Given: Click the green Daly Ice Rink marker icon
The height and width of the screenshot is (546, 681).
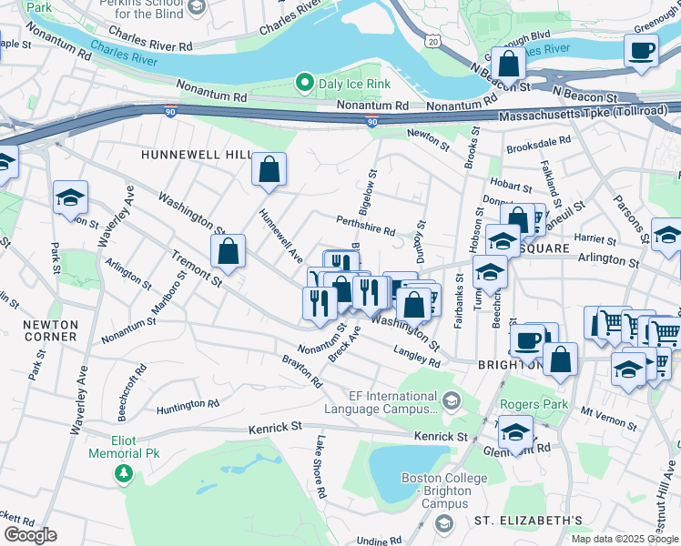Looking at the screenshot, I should pos(305,85).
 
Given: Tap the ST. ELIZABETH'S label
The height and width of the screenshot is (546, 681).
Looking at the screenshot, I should pos(528,520).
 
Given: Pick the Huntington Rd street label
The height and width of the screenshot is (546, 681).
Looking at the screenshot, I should pos(188,403).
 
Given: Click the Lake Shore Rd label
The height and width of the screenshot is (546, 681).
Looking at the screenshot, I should pos(320,467).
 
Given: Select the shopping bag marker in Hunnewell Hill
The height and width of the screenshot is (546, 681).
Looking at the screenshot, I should pos(269,169).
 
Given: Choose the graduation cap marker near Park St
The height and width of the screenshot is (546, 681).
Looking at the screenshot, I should pos(70,197).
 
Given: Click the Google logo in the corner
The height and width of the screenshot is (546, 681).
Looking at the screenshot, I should pos(30,535).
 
